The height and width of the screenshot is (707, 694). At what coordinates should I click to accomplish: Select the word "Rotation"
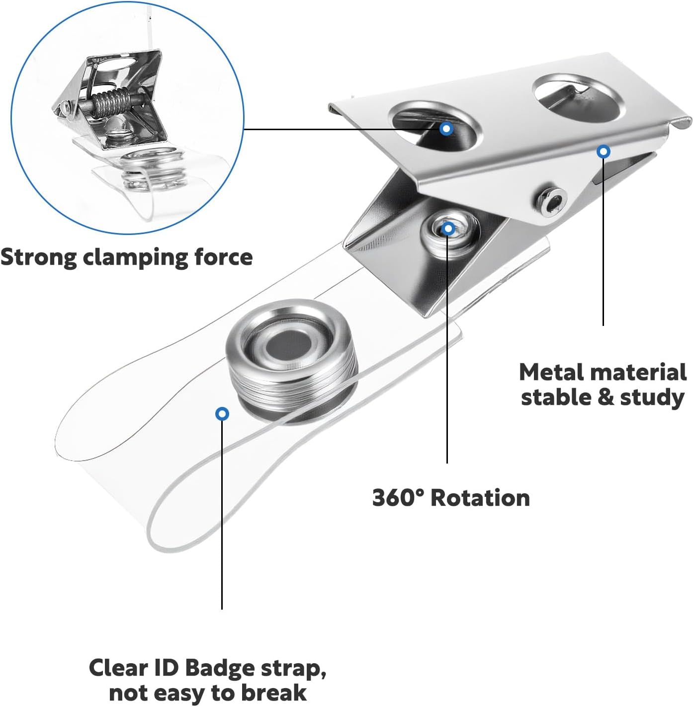point(480,498)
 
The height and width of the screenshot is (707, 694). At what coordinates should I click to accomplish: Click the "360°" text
point(398,498)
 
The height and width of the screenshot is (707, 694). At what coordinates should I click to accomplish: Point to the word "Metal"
point(552,372)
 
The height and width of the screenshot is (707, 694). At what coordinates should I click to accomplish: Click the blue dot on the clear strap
point(222,413)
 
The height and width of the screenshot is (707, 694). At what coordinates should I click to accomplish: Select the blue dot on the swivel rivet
point(448,229)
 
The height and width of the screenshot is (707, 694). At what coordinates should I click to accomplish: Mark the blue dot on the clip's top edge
point(603,152)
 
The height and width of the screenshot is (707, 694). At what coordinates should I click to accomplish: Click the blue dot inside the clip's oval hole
point(446,129)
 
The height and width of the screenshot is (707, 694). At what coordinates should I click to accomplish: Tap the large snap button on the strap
point(292,359)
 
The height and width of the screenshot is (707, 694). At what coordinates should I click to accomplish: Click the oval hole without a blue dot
point(578,98)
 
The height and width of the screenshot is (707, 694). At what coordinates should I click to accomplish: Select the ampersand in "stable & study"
point(604,397)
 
